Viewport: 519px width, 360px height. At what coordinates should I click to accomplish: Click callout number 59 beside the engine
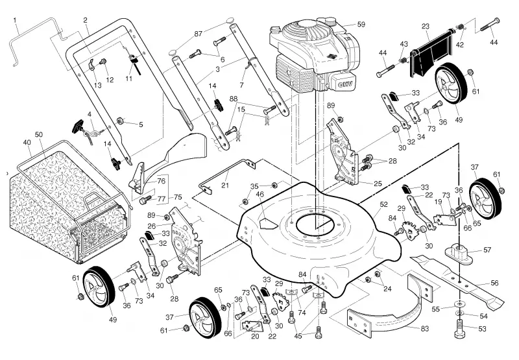(361, 25)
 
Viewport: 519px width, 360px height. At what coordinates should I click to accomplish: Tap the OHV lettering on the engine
(346, 85)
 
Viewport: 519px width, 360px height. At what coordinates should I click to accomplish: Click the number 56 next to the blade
(494, 283)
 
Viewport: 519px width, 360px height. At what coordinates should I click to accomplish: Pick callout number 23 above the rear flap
(426, 27)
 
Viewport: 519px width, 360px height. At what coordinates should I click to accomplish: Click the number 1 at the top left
(14, 21)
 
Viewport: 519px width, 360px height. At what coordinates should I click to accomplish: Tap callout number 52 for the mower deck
(383, 204)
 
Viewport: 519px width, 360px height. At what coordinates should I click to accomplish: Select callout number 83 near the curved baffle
(424, 329)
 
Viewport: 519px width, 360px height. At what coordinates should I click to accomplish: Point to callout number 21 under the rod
(225, 186)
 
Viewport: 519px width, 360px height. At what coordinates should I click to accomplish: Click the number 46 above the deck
(260, 194)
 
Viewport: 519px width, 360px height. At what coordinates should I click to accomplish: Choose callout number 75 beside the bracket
(178, 197)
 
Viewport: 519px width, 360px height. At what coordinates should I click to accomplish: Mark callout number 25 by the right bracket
(378, 184)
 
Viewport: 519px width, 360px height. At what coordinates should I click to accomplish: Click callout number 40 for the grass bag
(27, 143)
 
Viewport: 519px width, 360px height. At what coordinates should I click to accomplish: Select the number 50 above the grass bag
(39, 135)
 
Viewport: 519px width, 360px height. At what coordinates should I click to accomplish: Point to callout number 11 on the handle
(128, 78)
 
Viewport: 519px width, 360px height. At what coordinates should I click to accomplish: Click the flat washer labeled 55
(459, 304)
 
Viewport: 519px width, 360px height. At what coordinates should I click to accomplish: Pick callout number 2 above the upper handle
(86, 20)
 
